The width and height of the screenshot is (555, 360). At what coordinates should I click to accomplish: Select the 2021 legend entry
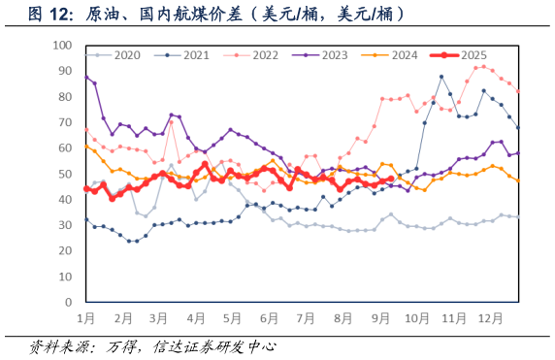pos(194,55)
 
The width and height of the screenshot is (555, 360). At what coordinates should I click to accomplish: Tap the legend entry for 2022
pos(263,55)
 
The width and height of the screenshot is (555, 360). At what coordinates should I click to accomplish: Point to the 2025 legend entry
pos(473,55)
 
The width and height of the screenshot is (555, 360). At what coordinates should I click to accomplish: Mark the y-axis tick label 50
pos(64,174)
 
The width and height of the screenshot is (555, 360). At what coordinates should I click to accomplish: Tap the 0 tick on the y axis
pos(67,302)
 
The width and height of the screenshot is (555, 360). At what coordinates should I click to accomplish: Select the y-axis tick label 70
pos(64,122)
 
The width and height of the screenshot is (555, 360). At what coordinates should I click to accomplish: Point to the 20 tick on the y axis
pos(64,250)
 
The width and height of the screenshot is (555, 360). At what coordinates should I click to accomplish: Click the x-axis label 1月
pos(85,318)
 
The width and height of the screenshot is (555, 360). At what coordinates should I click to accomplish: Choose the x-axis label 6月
pos(269,318)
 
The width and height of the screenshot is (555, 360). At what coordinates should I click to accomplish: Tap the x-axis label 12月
pos(489,318)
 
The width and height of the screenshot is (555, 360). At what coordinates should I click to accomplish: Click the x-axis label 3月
pos(159,318)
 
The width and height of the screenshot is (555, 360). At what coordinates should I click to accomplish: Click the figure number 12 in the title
pos(57,15)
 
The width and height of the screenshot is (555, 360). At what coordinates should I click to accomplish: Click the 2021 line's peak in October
pos(441,77)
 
